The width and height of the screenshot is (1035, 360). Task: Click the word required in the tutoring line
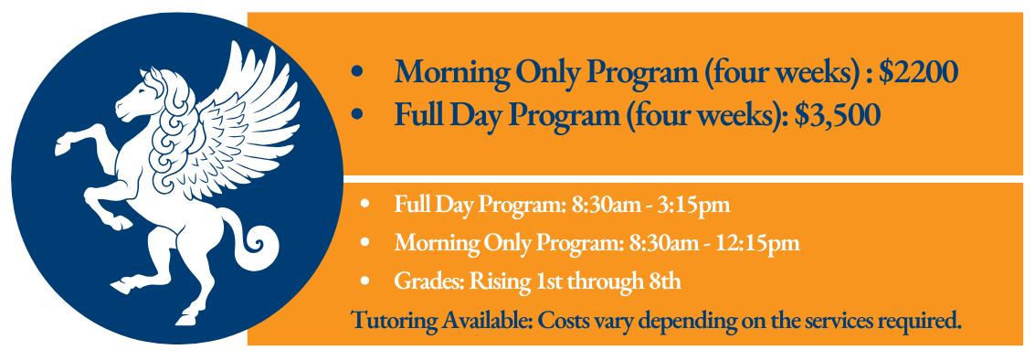coord(926,322)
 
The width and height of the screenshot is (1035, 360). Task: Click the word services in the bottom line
coord(847,322)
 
